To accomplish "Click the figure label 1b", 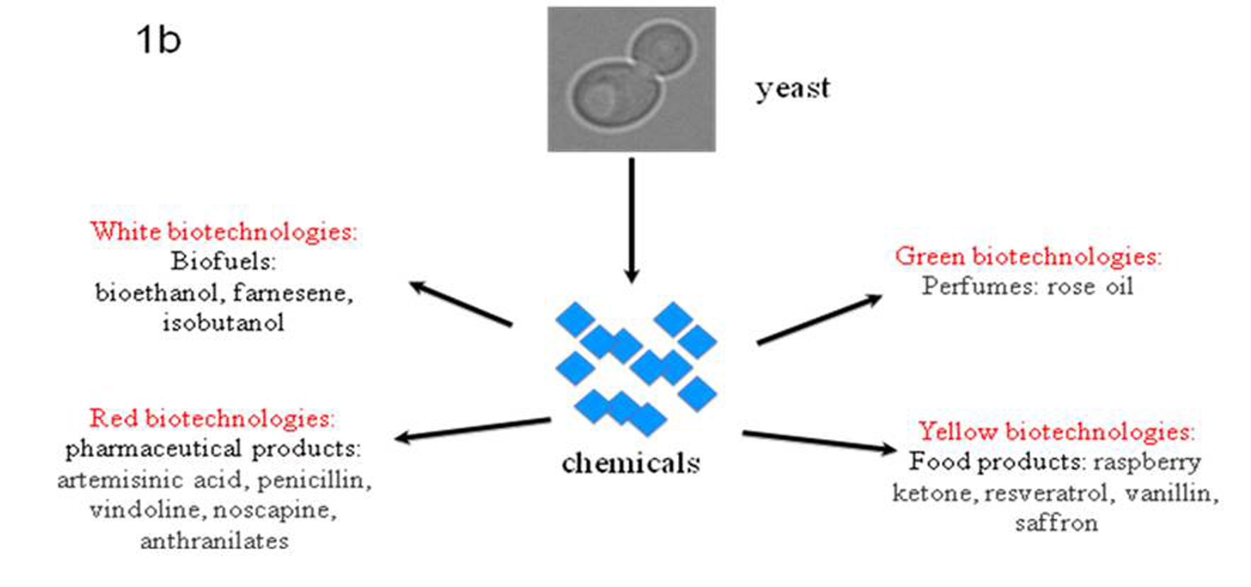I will click(159, 40).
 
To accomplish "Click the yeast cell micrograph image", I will click(631, 79).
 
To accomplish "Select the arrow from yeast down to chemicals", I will click(631, 220).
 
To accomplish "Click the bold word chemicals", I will click(630, 464).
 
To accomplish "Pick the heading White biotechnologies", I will click(224, 232).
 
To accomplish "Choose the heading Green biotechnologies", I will click(1028, 256).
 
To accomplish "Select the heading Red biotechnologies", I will click(212, 418).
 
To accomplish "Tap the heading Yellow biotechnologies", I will click(1056, 431).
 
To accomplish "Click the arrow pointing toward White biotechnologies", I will click(461, 305).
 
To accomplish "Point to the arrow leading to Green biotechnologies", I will click(819, 320).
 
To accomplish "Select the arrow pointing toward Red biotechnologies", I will click(472, 429).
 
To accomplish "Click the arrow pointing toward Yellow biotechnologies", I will click(819, 440).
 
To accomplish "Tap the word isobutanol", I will click(223, 323).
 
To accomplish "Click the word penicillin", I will click(314, 481).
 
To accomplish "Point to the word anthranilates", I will click(214, 542).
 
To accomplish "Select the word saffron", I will click(1056, 524).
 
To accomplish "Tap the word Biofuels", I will click(223, 262).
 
